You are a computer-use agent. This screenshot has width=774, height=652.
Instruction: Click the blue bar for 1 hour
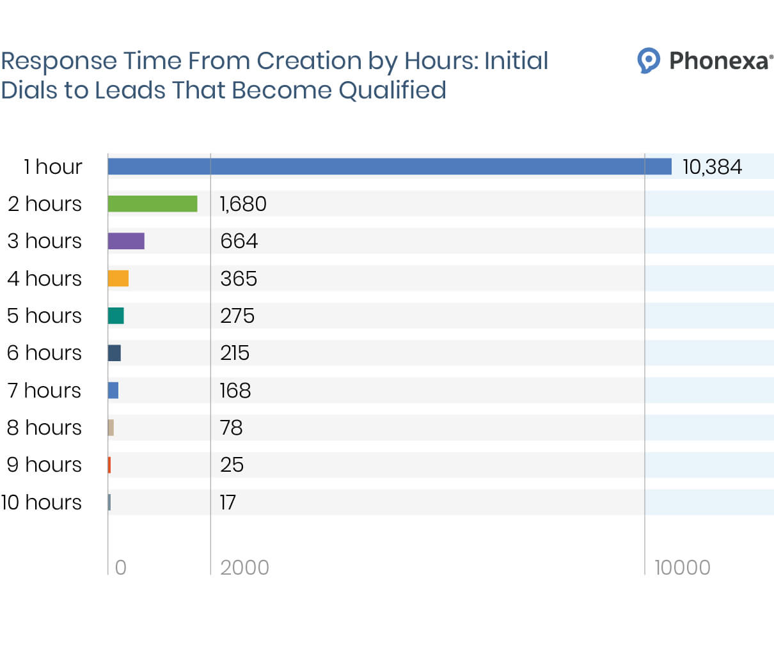(x=390, y=167)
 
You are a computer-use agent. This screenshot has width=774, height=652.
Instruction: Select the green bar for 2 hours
(x=152, y=204)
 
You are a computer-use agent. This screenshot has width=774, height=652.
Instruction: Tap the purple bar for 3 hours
(x=126, y=241)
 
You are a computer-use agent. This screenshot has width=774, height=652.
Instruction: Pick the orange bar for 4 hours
(x=118, y=279)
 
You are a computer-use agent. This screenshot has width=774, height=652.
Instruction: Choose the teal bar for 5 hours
(x=116, y=316)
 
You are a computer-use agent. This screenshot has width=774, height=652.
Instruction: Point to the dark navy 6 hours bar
(x=115, y=353)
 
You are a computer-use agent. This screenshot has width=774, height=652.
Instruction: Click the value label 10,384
(x=712, y=167)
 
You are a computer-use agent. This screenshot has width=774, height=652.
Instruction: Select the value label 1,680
(x=243, y=204)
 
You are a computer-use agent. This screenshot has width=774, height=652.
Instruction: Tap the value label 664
(x=239, y=241)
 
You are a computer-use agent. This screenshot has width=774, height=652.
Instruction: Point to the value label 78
(x=232, y=428)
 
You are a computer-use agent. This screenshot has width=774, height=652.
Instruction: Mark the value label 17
(x=228, y=502)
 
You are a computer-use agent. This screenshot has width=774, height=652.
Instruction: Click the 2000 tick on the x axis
(x=244, y=568)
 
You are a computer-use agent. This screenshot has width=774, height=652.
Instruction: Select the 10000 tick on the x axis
(x=683, y=568)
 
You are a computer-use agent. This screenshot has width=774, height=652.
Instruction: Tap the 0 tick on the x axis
(x=120, y=568)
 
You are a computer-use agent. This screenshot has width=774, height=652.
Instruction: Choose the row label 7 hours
(x=45, y=391)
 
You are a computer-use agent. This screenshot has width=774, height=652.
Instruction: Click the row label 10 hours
(x=42, y=502)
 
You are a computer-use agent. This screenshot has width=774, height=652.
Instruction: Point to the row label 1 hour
(x=53, y=167)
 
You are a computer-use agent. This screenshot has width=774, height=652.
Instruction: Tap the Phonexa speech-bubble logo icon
(x=649, y=61)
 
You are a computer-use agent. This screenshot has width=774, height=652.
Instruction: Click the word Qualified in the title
(x=392, y=90)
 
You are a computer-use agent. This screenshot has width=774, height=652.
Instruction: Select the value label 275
(x=237, y=316)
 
